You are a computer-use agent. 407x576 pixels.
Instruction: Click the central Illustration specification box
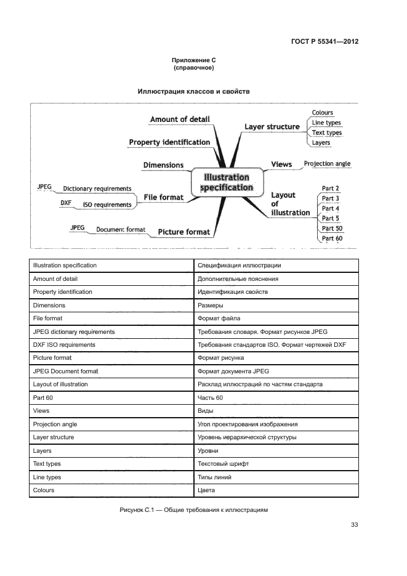(223, 182)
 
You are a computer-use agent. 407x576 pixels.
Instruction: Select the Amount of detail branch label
(180, 120)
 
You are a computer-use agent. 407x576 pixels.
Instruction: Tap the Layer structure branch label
(272, 127)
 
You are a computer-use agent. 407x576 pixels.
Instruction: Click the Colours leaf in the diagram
(322, 113)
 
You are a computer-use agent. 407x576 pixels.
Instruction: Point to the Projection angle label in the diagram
(327, 164)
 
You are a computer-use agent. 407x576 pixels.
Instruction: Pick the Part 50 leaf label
(332, 228)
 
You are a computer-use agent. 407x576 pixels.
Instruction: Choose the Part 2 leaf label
(331, 189)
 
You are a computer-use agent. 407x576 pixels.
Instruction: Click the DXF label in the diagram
(66, 202)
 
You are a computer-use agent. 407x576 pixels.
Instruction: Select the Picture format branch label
(183, 232)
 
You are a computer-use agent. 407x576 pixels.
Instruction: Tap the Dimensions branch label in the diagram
(163, 165)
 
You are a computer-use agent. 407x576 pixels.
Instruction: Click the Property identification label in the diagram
(169, 142)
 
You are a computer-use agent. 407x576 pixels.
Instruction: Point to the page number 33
(354, 525)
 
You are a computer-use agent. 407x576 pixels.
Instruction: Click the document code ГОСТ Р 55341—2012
(324, 42)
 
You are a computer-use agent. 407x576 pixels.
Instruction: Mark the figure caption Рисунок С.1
(193, 509)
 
